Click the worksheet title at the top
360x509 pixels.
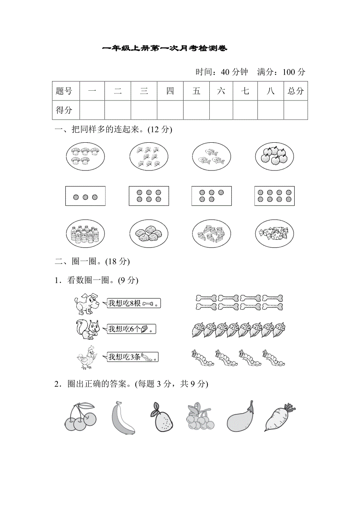click(164, 48)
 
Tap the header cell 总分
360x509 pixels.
click(295, 91)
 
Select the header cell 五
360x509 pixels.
click(196, 91)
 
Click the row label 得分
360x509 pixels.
click(64, 110)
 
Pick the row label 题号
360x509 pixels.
click(64, 91)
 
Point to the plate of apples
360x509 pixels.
click(274, 156)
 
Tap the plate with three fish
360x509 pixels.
click(211, 156)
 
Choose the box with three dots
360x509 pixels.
click(85, 196)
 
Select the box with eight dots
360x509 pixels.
click(274, 196)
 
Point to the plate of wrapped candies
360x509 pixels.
click(274, 234)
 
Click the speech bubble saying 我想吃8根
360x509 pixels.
click(133, 303)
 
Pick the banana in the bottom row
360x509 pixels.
click(122, 418)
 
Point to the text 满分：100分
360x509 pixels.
click(281, 72)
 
